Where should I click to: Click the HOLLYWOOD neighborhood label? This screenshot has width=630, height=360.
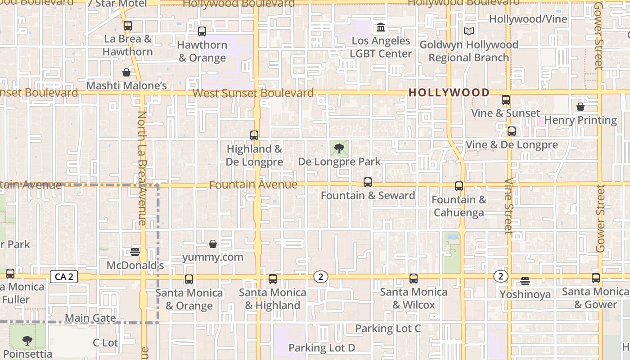tap(449, 93)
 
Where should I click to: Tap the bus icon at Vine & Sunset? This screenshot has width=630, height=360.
tap(506, 100)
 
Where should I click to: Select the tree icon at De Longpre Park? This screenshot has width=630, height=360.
tap(339, 148)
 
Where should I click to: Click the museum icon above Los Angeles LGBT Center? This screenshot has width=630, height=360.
tap(381, 27)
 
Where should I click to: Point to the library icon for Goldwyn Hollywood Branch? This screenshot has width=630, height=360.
tap(469, 31)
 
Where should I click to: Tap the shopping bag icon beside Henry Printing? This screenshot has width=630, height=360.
tap(580, 107)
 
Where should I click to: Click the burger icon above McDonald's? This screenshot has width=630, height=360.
tap(135, 252)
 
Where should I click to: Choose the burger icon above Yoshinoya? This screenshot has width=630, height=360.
tap(525, 281)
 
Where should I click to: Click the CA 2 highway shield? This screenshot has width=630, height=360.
tap(63, 277)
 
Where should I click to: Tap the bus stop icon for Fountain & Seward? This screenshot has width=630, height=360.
tap(368, 182)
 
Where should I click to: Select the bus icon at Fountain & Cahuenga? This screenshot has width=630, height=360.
tap(459, 186)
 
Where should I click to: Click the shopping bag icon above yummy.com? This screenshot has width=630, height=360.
tap(213, 244)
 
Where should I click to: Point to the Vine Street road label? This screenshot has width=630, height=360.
tap(508, 206)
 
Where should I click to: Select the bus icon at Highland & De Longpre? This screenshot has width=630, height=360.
tap(254, 135)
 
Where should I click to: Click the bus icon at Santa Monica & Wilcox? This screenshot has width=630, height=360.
tap(414, 279)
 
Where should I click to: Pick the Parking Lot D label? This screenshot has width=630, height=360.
tap(322, 347)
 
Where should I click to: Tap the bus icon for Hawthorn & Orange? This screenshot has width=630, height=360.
tap(202, 31)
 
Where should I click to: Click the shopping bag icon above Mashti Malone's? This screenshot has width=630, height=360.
tap(126, 72)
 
